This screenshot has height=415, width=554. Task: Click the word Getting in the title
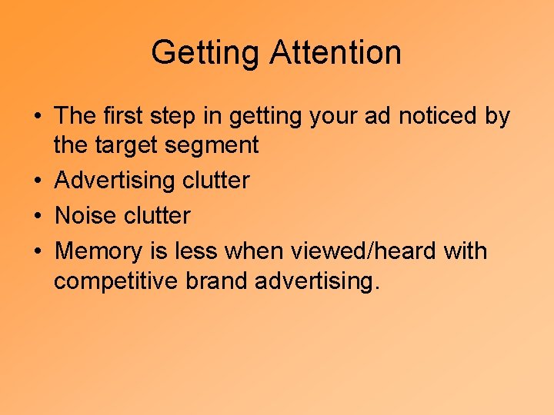pos(207,53)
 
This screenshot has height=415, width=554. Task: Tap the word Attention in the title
pos(335,53)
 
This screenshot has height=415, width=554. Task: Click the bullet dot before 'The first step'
pos(36,117)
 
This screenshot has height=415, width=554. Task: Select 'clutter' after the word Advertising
pos(216,181)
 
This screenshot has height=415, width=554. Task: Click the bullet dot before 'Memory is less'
pos(36,252)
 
